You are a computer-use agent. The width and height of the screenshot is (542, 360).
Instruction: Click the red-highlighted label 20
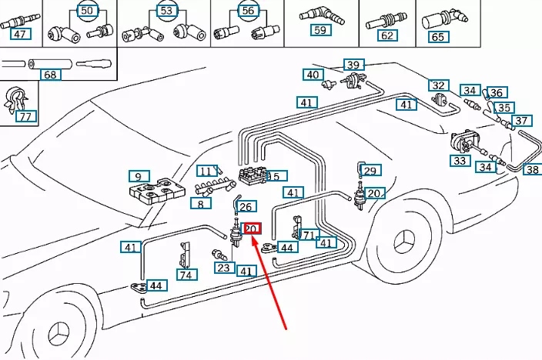point(252,228)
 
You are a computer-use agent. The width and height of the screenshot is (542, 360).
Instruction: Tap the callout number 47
point(21,35)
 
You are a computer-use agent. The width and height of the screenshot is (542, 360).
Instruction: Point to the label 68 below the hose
point(50,75)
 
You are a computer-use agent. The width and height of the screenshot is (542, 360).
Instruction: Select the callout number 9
point(139,175)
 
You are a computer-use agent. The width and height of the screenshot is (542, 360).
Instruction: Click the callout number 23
point(223,268)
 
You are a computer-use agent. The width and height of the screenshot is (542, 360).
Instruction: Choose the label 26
point(246,206)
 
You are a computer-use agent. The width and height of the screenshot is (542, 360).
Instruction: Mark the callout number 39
point(353,65)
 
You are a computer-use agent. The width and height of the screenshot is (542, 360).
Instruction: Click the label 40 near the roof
point(312,75)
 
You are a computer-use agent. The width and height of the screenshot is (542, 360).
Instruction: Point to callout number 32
point(439,85)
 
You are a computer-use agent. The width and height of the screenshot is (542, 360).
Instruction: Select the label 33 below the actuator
point(460,161)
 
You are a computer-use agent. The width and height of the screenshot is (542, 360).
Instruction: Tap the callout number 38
point(532,169)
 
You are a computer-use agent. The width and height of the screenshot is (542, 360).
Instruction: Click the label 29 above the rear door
point(371,171)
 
